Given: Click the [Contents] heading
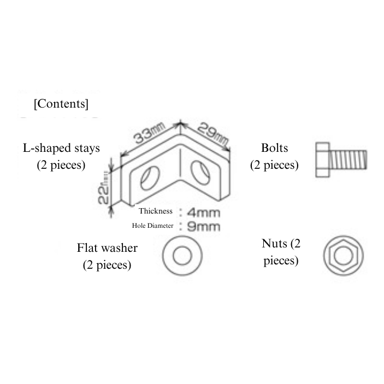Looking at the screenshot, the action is tap(61, 104).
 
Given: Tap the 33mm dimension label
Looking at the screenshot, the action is tap(149, 133).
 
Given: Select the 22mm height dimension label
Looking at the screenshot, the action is tap(104, 187).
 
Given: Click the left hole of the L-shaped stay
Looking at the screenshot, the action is tap(150, 178).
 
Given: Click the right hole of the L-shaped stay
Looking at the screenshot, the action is tap(200, 172).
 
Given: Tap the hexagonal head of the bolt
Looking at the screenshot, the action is tap(322, 159).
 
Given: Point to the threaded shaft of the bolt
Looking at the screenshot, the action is tap(348, 160).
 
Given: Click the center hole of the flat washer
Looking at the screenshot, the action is tap(182, 256).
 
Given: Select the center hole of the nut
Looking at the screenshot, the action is tap(344, 256).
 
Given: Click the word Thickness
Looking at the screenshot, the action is tap(156, 211).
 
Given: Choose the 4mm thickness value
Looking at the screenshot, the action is tap(204, 212).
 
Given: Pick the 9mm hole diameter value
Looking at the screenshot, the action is tap(204, 227).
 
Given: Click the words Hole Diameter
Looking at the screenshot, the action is tap(152, 226).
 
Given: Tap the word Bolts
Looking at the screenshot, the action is tap(274, 148).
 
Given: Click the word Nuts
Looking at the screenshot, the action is tap(274, 244).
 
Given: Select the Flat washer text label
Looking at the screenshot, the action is tap(107, 248).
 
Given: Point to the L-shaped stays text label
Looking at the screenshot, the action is tap(61, 149).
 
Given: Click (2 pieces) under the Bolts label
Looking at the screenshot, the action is tap(274, 165).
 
